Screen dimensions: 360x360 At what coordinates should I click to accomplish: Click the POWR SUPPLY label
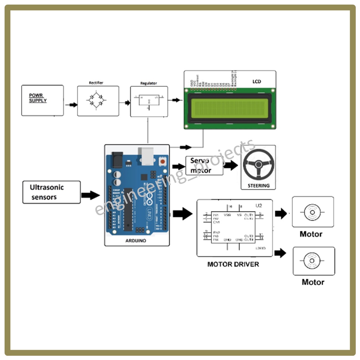38,98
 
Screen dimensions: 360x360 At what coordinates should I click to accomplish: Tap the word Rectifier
96,83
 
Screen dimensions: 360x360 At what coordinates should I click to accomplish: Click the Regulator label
149,83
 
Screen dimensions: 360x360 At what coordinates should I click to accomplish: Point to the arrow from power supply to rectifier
71,105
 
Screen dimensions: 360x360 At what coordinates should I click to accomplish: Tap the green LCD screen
230,108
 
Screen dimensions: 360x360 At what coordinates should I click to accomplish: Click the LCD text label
257,82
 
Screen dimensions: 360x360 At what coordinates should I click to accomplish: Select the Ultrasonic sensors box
51,192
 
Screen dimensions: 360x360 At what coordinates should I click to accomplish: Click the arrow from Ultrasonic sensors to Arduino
90,195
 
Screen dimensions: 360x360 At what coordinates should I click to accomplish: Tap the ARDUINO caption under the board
136,241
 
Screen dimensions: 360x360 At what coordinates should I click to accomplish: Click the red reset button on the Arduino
163,161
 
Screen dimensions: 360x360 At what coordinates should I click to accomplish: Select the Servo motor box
204,166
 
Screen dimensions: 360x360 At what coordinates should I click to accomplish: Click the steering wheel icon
258,164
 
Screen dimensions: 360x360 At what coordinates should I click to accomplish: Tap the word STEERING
258,185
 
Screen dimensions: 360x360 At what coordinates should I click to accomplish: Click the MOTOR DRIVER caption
233,264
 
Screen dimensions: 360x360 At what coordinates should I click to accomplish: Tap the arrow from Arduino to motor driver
182,213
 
